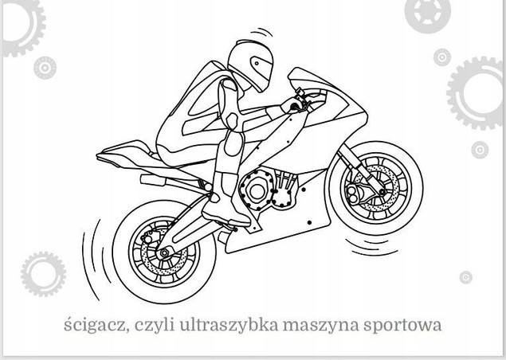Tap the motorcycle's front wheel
[x=371, y=187]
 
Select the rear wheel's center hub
[x=165, y=252]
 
